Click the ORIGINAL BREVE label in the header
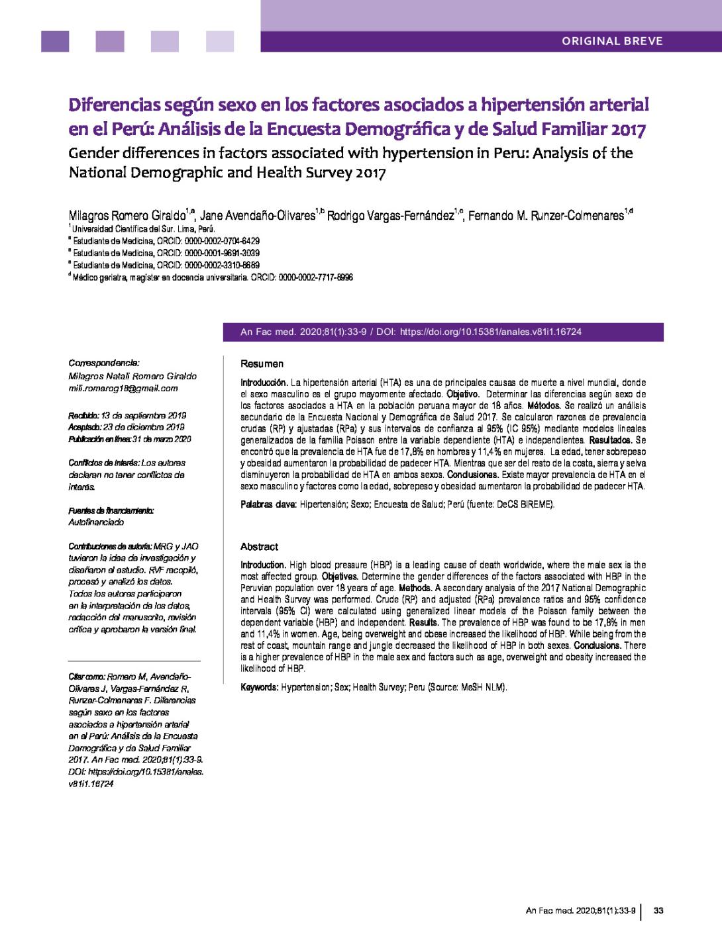pos(612,41)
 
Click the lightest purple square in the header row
pos(219,41)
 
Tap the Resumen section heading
pos(262,363)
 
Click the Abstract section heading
pos(259,547)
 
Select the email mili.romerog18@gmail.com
pos(123,389)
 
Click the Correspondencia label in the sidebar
pos(104,363)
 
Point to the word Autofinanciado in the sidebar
pos(96,522)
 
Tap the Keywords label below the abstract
pos(259,687)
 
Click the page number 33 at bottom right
pos(658,911)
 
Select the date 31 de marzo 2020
pos(162,439)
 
